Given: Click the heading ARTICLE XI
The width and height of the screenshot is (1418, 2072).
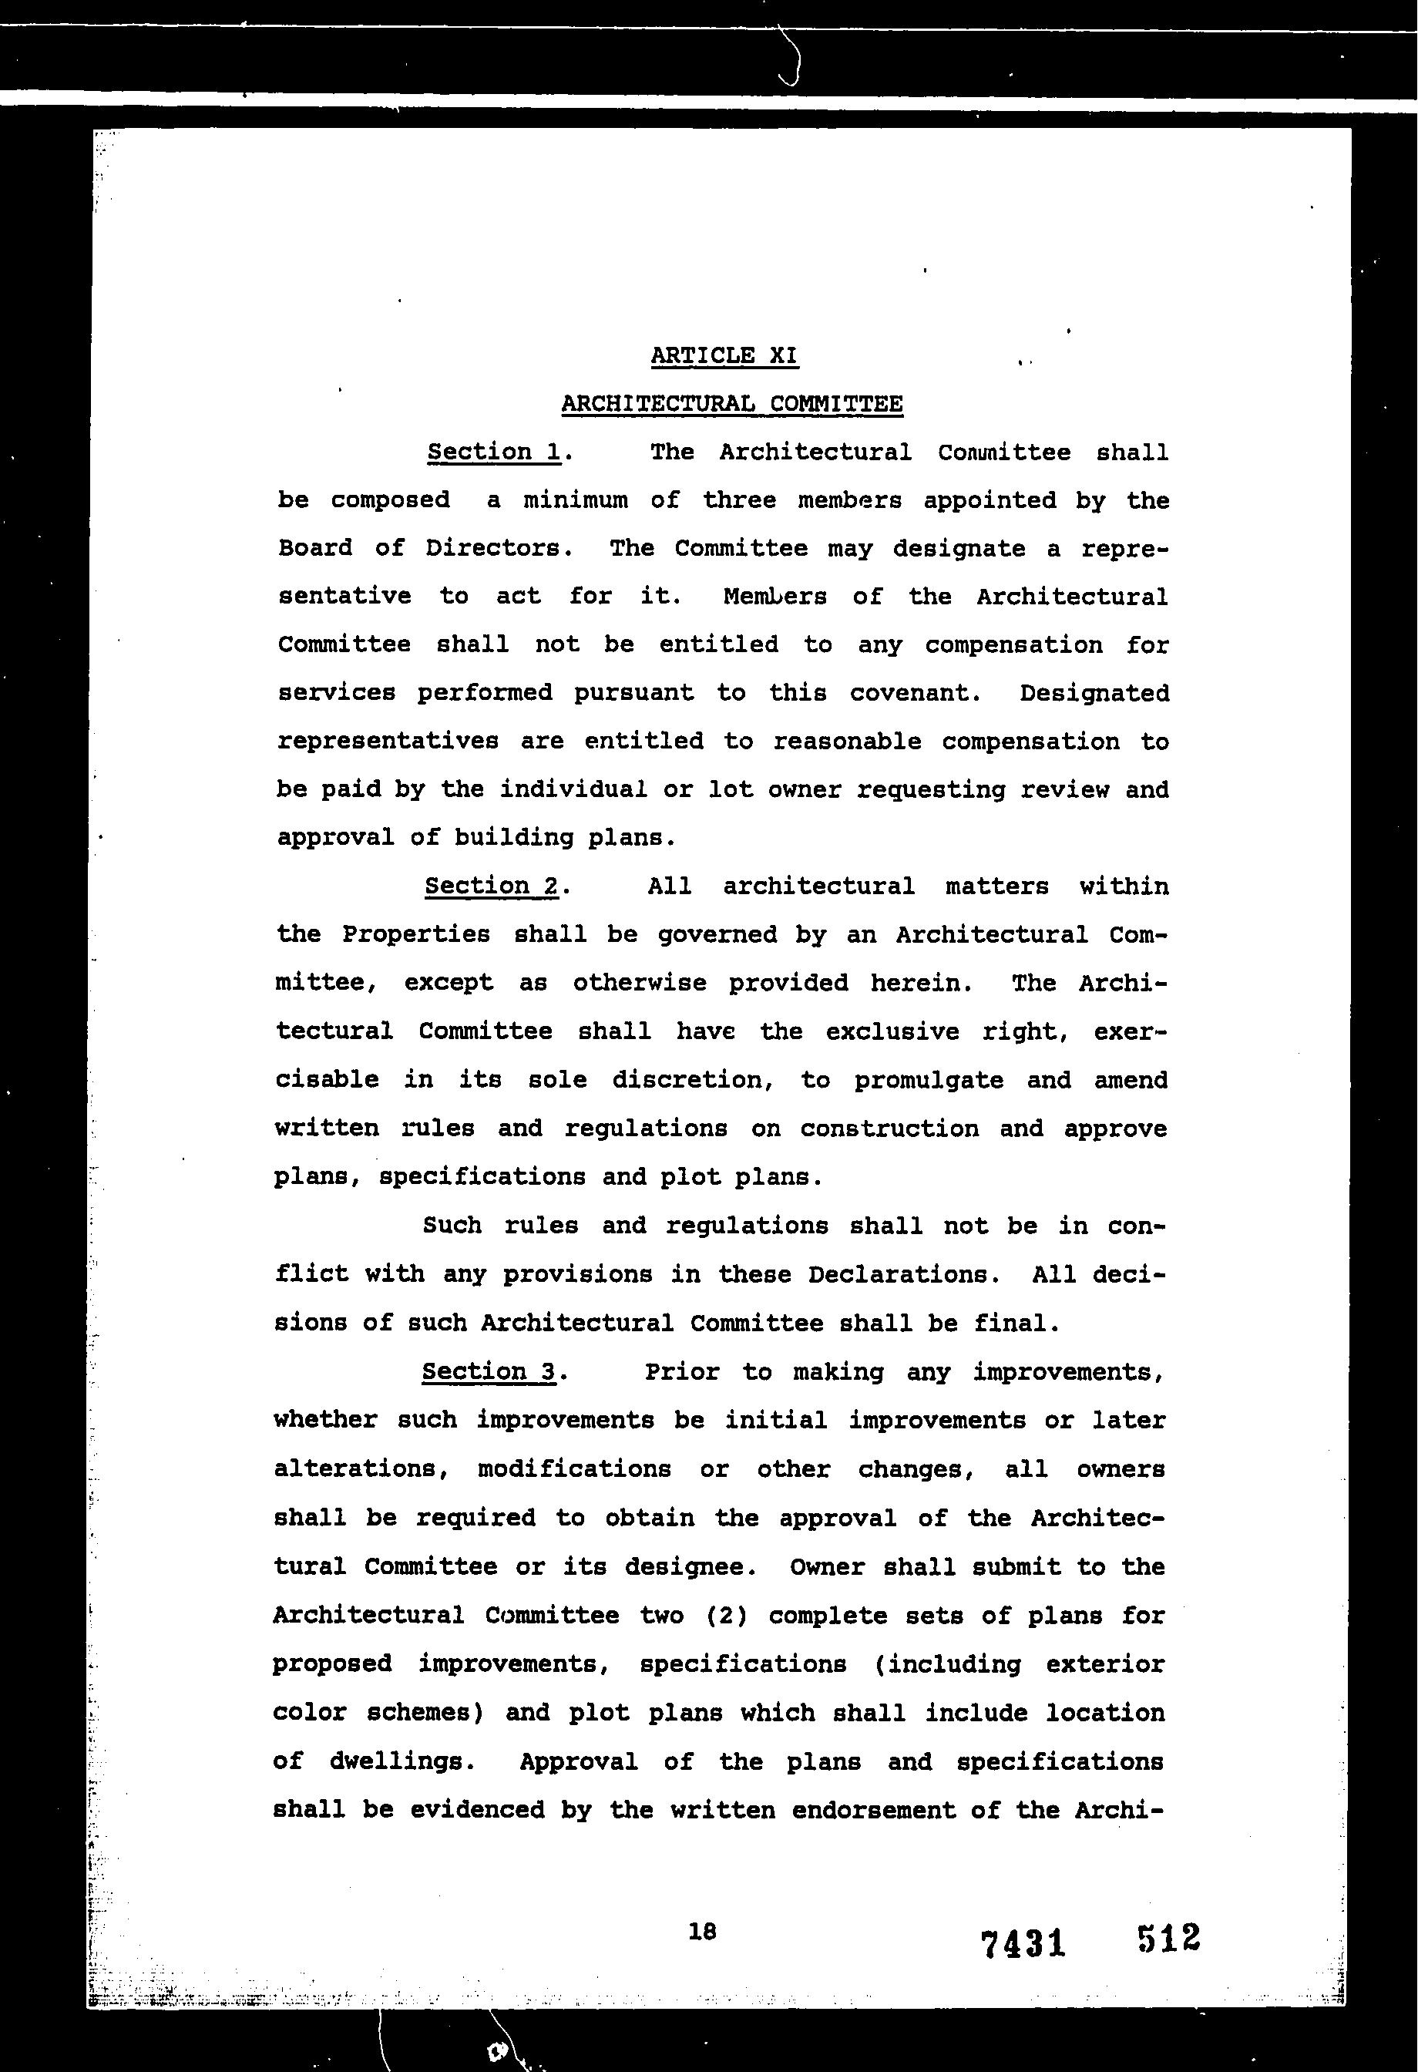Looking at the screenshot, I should click(724, 355).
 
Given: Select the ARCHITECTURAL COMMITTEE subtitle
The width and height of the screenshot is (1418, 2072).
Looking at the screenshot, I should click(731, 404).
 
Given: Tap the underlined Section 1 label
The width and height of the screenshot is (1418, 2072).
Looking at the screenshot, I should click(494, 452).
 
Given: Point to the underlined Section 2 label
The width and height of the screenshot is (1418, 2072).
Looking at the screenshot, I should click(491, 886).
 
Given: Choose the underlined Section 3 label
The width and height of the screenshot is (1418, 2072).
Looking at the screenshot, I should click(489, 1371).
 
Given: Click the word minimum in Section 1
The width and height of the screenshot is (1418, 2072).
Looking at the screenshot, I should click(575, 500).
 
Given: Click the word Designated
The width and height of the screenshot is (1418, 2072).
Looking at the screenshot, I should click(1094, 693).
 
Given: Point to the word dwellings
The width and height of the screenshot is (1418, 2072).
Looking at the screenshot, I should click(401, 1761).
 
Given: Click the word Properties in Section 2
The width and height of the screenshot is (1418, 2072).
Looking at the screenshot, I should click(416, 934).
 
